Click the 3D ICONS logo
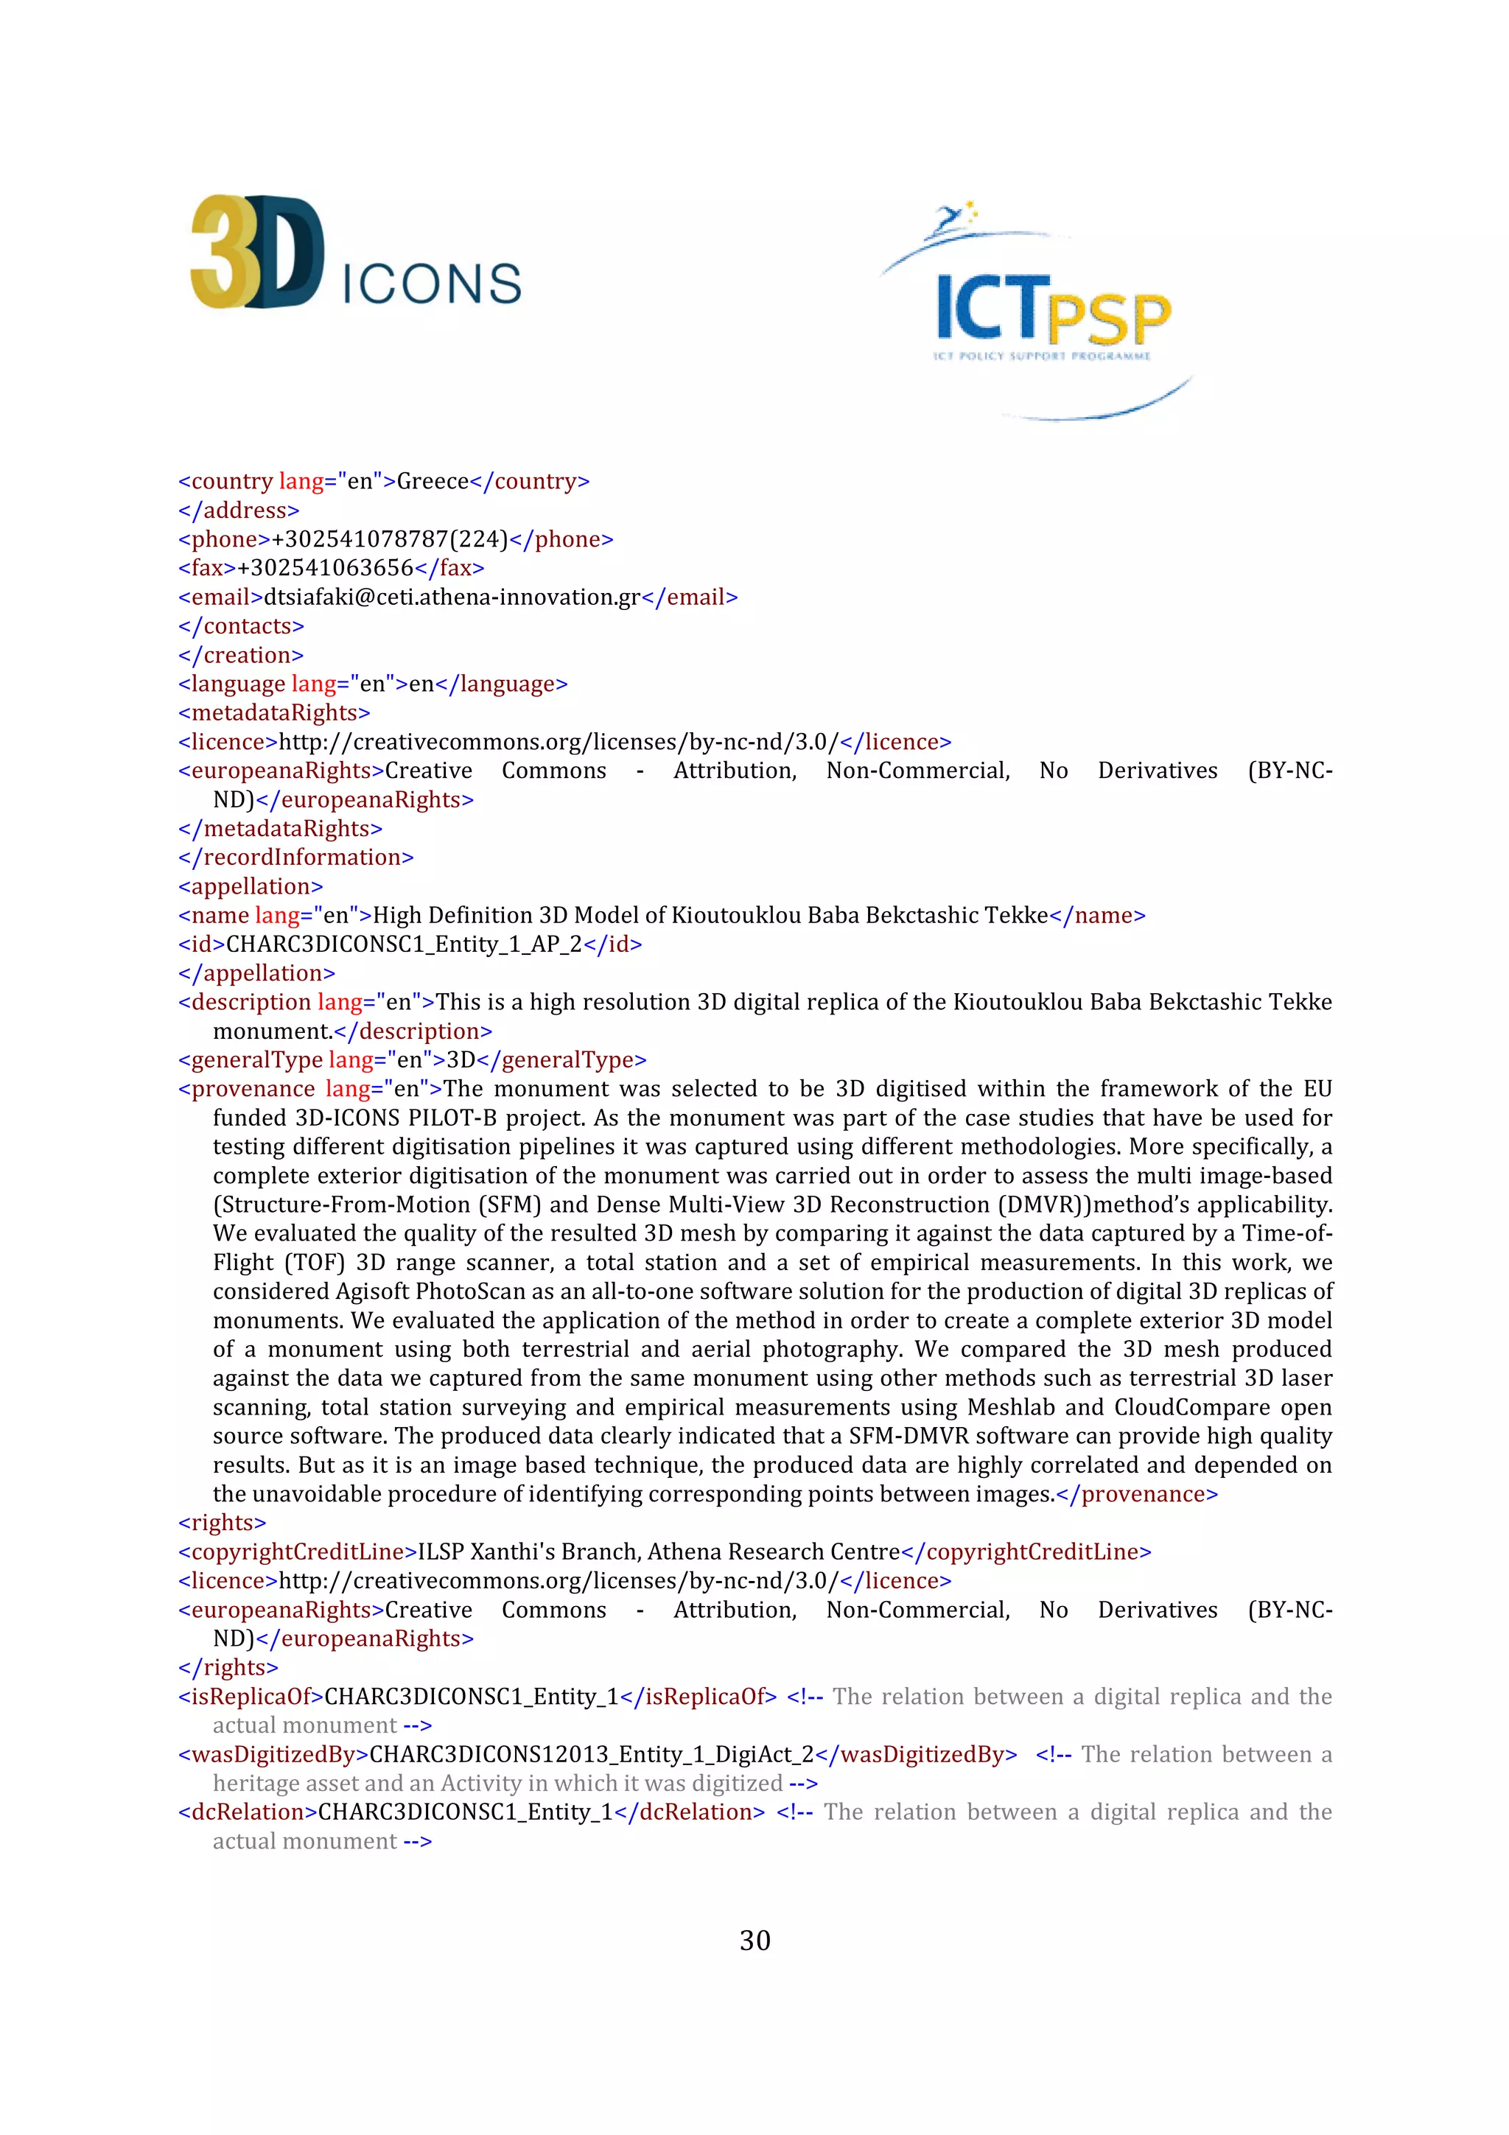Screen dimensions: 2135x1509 355,253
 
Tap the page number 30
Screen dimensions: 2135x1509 754,1940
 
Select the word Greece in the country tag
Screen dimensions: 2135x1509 433,482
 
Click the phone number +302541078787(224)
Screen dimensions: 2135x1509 390,539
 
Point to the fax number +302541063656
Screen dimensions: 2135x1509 326,568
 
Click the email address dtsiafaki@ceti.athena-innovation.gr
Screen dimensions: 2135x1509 452,597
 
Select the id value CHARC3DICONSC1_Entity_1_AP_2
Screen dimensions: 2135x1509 405,944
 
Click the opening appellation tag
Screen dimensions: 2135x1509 251,886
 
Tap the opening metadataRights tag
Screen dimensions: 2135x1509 274,713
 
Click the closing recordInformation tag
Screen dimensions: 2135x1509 295,858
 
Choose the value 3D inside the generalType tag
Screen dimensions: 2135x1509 461,1060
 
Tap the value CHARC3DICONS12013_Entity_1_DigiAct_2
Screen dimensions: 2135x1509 592,1755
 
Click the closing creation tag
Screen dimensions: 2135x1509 241,656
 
